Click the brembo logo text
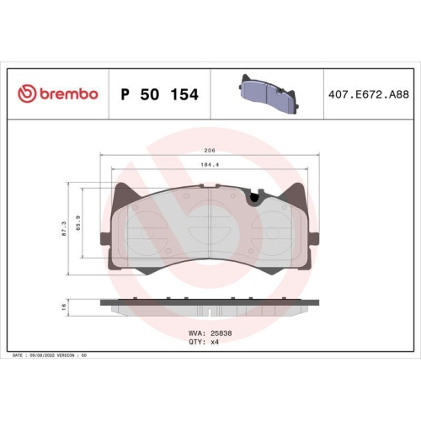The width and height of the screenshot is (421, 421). [x=68, y=94]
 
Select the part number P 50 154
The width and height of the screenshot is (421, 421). [x=159, y=95]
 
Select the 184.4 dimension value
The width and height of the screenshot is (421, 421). [x=209, y=164]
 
